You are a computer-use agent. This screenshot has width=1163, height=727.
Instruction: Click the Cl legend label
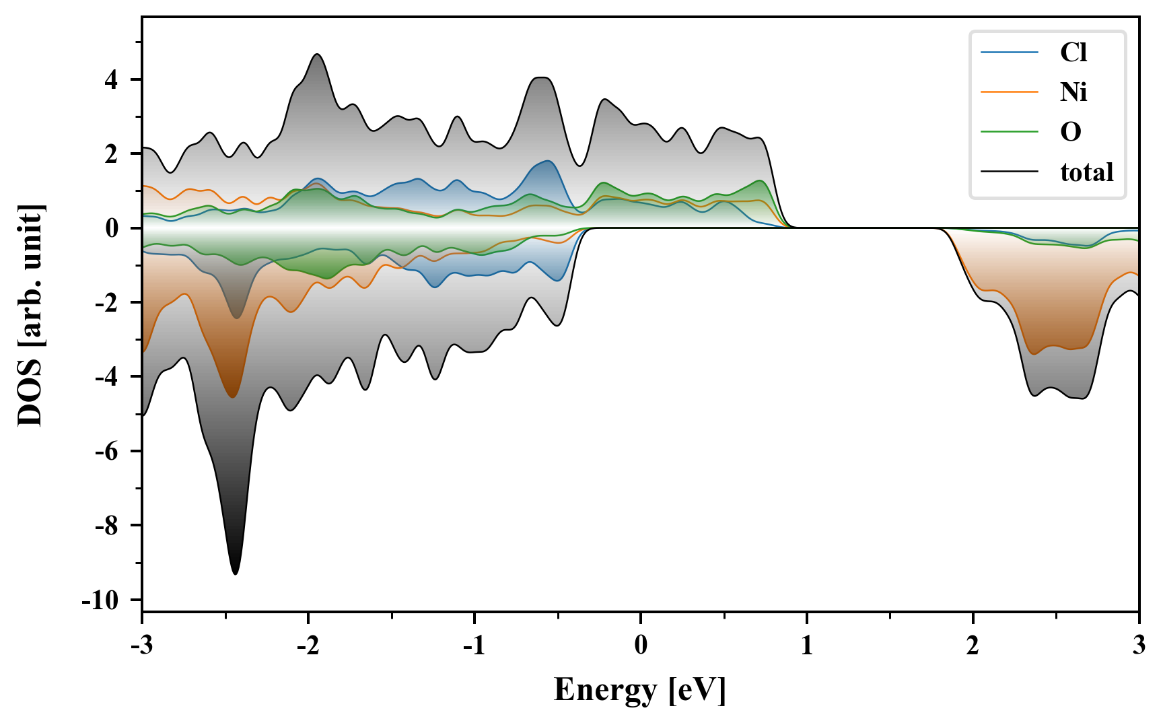[1073, 53]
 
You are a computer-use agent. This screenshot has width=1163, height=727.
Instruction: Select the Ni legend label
[1073, 92]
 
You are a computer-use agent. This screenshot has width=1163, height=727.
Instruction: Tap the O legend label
[1070, 132]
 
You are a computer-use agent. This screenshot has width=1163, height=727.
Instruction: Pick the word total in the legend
[1086, 172]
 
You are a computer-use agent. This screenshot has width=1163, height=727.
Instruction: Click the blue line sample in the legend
[1009, 53]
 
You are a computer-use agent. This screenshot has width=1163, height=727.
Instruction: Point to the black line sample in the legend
[1009, 172]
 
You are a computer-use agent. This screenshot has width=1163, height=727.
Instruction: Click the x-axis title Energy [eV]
[640, 691]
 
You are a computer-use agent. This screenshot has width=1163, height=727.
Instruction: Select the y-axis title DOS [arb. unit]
[30, 315]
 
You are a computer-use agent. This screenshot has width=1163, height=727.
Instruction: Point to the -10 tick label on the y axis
[100, 600]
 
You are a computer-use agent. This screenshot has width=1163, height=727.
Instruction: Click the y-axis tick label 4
[110, 80]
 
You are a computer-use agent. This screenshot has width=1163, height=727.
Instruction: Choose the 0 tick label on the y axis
[111, 228]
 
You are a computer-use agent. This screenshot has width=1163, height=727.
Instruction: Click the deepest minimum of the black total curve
[235, 574]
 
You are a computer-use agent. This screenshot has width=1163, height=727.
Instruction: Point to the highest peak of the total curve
[317, 55]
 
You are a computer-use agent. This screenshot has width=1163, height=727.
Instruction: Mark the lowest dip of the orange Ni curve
[233, 397]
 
